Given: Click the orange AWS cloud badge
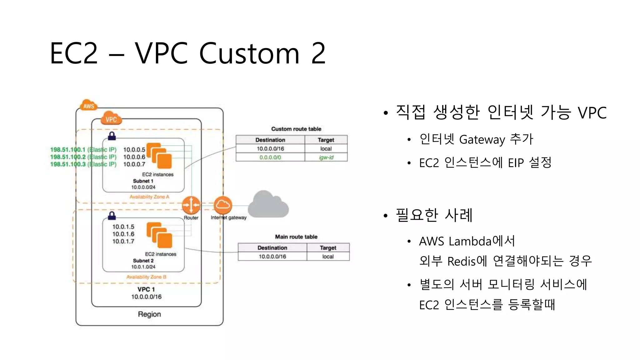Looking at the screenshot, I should pos(89,106).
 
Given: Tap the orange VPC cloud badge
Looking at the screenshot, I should pos(111,119).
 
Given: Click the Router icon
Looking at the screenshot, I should pos(191,205).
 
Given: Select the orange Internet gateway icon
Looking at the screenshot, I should pos(223,205).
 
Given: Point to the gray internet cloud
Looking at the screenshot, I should pos(268,205).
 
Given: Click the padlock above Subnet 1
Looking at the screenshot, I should pos(112,136).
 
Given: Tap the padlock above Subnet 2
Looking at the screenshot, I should pos(112,216).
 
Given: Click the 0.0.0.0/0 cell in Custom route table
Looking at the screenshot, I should pos(270,157).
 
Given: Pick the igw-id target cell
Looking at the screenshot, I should pos(326,157).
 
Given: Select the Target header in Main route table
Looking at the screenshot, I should pos(328,248).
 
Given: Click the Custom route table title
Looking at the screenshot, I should pos(296,129).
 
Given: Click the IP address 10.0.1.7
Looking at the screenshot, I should pos(123,241).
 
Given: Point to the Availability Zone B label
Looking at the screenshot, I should pos(146,277).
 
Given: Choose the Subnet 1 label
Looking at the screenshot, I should pos(143,181).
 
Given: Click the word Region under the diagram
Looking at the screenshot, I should pos(149,314).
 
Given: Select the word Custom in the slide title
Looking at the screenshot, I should pos(249,53).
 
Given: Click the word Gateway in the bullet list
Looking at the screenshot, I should pos(482,140).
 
